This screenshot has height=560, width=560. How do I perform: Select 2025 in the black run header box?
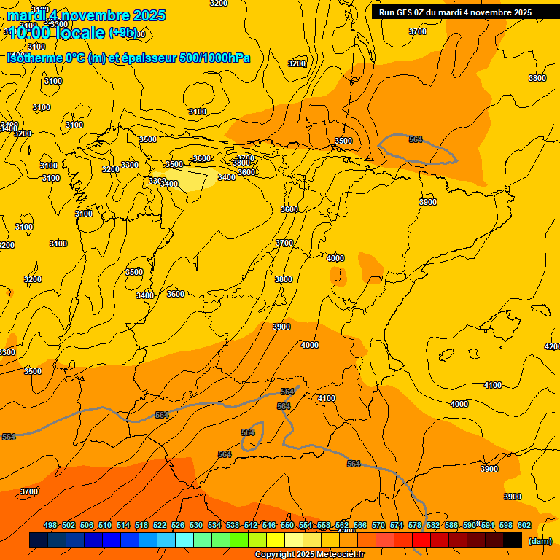coord(521,12)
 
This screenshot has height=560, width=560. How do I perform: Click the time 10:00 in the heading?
coord(34,33)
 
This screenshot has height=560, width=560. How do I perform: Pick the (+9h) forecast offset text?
coord(122,33)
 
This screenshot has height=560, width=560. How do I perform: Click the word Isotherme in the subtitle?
coord(36,58)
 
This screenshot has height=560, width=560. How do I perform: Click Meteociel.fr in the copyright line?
coord(335,555)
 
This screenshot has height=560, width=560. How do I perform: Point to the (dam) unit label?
coord(540,540)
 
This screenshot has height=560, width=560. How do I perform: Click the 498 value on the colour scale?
coord(50,525)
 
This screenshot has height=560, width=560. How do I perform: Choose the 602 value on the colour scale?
coord(524,525)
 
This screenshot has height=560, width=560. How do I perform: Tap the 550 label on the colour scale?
coord(287,525)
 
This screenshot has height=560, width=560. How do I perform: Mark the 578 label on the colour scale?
coord(415,525)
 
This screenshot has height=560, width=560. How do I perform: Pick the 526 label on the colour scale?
coord(178,525)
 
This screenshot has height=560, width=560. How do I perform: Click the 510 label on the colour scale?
coord(105,525)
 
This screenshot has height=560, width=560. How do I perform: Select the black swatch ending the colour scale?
coord(513,540)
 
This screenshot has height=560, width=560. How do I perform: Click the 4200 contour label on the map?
coord(552,346)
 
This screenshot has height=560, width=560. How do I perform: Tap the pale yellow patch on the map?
coord(197,179)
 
